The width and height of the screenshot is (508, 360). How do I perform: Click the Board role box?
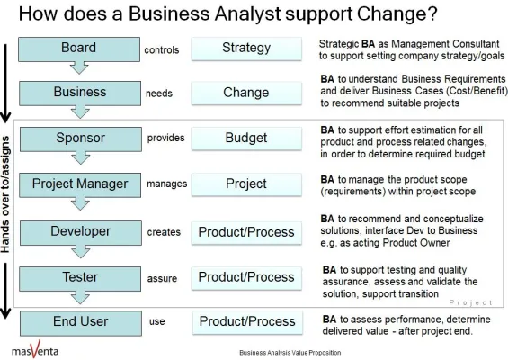pos(78,48)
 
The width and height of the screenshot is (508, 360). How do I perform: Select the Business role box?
pos(79,92)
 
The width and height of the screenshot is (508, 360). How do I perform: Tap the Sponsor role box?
pos(79,139)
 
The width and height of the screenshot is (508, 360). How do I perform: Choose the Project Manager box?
pos(79,184)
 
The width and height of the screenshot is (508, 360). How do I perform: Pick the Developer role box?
pos(79,231)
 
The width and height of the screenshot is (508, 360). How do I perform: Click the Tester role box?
pos(79,276)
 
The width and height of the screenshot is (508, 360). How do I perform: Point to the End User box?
pos(79,321)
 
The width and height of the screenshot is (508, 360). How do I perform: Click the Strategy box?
pos(245,48)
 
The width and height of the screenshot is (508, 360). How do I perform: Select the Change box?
pos(245,93)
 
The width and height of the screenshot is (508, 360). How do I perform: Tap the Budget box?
pos(245,139)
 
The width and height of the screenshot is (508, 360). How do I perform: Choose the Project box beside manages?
pos(245,184)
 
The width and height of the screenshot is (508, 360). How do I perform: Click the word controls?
pos(162,49)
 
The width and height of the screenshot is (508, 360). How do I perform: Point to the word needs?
pos(159,94)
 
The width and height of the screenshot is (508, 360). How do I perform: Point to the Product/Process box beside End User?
pos(246,321)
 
